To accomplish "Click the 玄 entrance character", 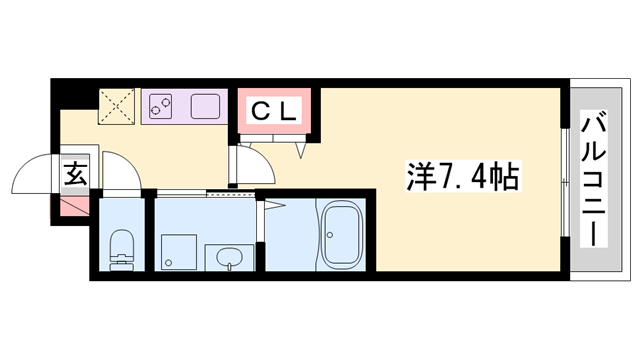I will [75, 175].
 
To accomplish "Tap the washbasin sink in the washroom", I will [226, 256].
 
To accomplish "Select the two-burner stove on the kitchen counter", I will [161, 105].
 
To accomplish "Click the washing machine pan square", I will [177, 249].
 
